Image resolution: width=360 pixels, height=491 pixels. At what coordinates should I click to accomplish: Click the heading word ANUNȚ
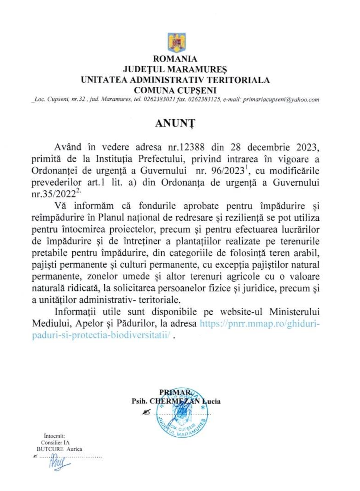(175, 123)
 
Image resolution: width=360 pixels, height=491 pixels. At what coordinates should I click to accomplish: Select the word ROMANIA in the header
(175, 59)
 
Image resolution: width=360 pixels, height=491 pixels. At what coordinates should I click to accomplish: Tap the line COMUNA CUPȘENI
(175, 90)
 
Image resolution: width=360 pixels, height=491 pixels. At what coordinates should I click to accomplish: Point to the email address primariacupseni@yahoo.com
(281, 100)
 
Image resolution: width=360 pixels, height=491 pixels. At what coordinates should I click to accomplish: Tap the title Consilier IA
(55, 443)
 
